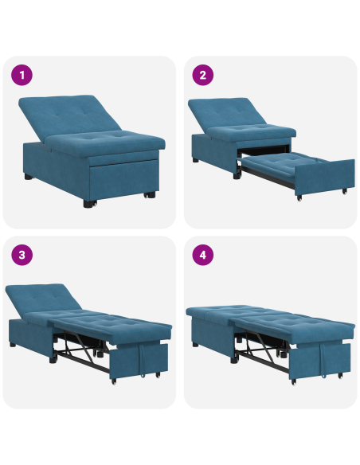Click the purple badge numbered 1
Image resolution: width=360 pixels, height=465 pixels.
(x=22, y=76)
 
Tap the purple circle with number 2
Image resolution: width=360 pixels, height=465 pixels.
(x=203, y=76)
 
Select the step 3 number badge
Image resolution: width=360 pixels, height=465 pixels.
(x=22, y=256)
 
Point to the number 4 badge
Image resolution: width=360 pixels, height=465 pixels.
(x=203, y=256)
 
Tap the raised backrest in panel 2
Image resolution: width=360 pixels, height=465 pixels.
(x=229, y=113)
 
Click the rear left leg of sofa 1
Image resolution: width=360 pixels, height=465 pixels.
(x=29, y=174)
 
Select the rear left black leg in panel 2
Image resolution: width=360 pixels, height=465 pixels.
(x=196, y=160)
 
